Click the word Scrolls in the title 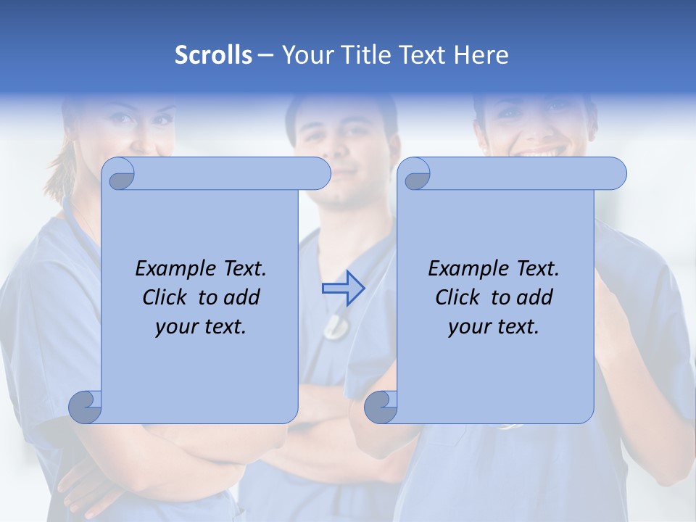213,55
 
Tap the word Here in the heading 481,55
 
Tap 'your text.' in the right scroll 494,327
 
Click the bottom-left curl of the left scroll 85,407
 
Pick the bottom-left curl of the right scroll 381,407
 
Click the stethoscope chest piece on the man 335,327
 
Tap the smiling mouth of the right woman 538,152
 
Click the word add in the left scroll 243,297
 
